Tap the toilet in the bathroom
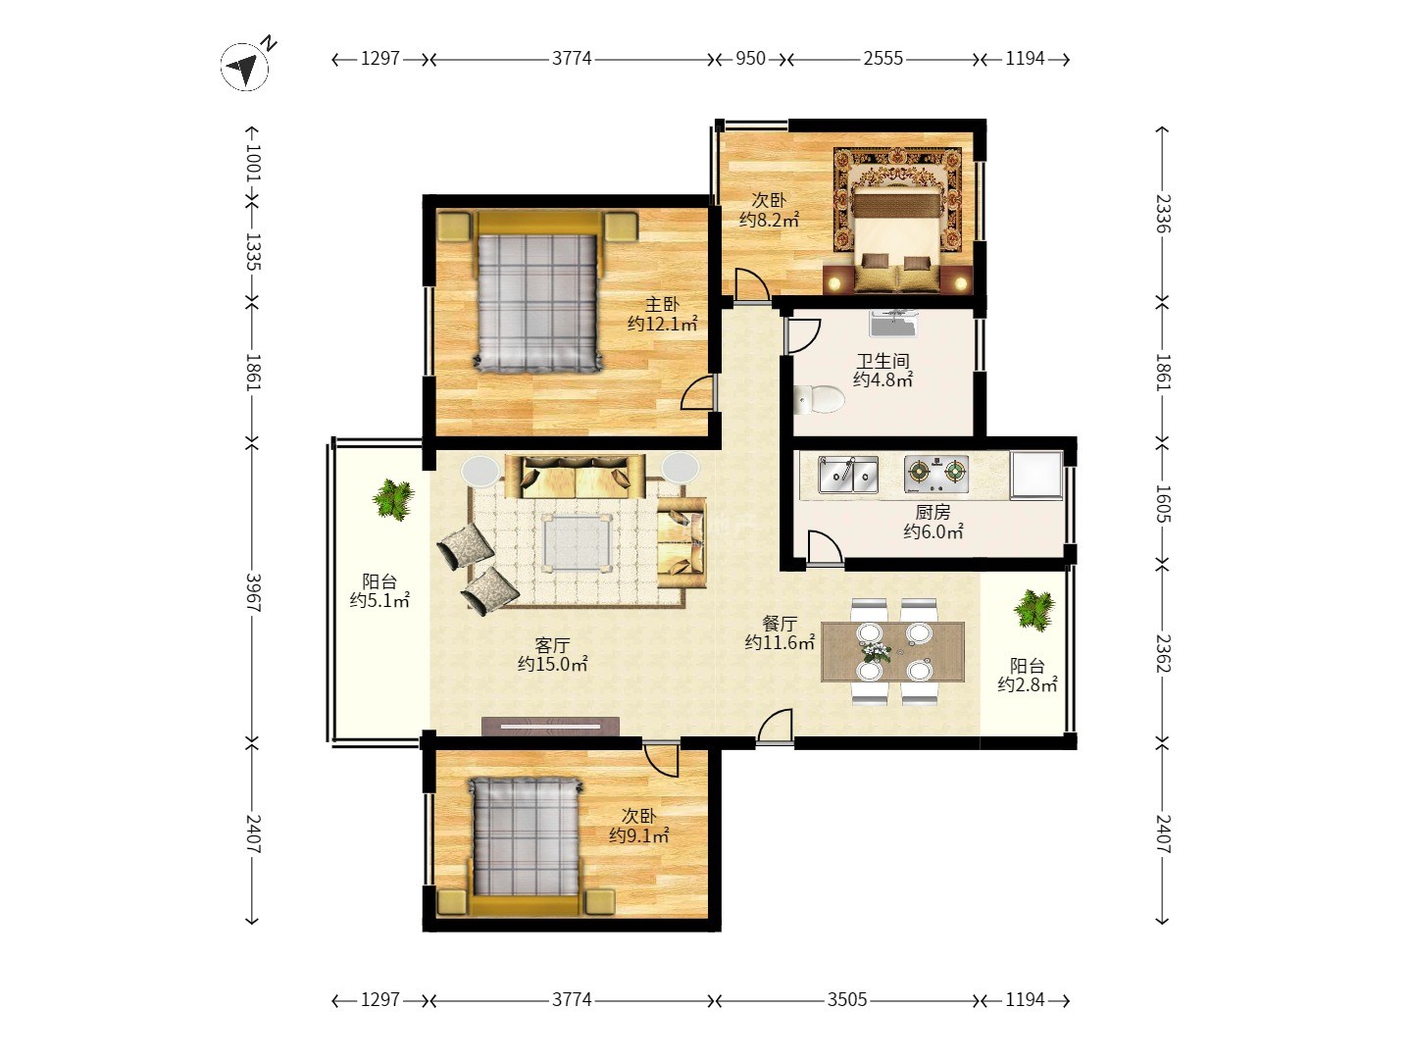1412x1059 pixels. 818,399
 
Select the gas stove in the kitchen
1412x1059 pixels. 936,475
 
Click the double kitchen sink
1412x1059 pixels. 848,475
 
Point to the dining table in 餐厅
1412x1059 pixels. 892,651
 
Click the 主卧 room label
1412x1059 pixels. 662,304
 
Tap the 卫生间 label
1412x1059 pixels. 882,361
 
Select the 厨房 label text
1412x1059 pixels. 933,512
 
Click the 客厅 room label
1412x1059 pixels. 552,645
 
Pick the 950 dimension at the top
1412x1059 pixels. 750,59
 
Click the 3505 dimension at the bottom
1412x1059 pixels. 846,1000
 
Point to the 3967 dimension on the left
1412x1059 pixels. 253,592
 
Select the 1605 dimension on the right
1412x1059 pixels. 1162,503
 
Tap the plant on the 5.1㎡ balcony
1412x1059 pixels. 393,499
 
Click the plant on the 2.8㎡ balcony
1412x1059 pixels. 1034,610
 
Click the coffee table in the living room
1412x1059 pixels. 577,541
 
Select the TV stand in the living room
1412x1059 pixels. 550,726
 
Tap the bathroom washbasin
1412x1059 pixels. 893,324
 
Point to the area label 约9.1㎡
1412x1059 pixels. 638,835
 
